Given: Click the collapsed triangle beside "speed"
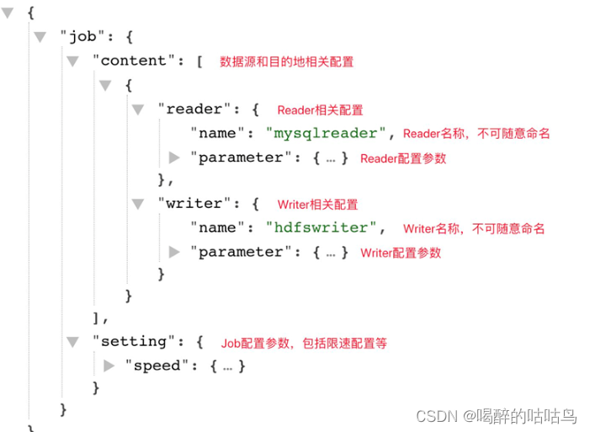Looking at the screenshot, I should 109,365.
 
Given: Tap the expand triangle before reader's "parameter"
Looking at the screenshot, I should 174,157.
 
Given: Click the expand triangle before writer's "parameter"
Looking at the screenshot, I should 174,251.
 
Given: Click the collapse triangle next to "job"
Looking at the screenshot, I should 40,37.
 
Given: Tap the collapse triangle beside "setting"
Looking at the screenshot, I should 72,341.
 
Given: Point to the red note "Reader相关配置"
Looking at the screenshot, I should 320,110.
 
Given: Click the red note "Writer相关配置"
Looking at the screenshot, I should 317,205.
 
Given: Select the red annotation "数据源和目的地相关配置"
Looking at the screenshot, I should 286,61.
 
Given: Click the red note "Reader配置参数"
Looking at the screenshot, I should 403,158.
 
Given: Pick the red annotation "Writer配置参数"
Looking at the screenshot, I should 401,253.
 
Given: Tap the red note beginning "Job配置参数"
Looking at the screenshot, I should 304,343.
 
